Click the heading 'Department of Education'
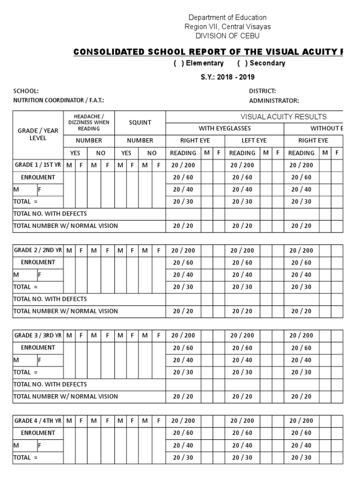tap(227, 17)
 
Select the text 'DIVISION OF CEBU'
tap(227, 36)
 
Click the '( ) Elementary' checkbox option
tap(199, 63)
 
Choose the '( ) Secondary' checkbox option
tap(261, 63)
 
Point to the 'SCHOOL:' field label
tap(26, 91)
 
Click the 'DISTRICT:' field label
tap(262, 91)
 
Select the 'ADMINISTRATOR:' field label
tap(274, 100)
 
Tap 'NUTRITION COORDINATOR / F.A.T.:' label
tap(59, 100)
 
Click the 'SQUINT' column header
tap(140, 123)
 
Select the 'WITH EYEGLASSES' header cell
tap(225, 128)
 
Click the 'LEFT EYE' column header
tap(254, 140)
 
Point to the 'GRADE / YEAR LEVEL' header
tap(38, 135)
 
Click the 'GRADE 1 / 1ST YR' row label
tap(38, 165)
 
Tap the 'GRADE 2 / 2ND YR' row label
tap(38, 250)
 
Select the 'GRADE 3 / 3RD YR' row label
tap(38, 336)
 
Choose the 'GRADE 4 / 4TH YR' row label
tap(38, 421)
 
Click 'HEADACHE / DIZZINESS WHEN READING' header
tap(89, 122)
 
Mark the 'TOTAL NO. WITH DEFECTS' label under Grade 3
tap(50, 384)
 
